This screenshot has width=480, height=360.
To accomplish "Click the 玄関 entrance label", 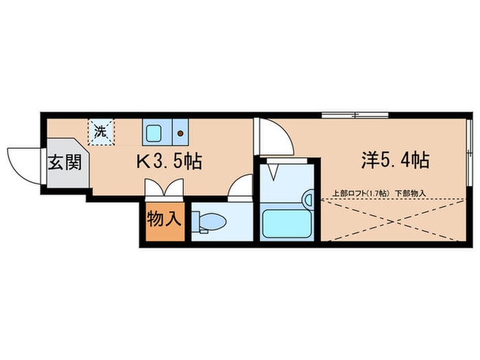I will pyautogui.click(x=66, y=163).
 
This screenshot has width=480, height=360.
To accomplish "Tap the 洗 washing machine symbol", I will pyautogui.click(x=101, y=131).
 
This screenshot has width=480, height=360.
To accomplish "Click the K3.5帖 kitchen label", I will pyautogui.click(x=169, y=163).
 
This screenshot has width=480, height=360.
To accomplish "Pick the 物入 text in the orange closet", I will pyautogui.click(x=165, y=221).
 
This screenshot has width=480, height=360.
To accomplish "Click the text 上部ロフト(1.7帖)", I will pyautogui.click(x=361, y=193).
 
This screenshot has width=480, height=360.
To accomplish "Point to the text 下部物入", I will pyautogui.click(x=410, y=193).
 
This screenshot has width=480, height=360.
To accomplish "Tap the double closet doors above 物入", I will pyautogui.click(x=164, y=188).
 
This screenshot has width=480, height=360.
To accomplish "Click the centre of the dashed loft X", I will pyautogui.click(x=394, y=219).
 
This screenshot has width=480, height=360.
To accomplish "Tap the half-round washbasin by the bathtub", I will pyautogui.click(x=309, y=200).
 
